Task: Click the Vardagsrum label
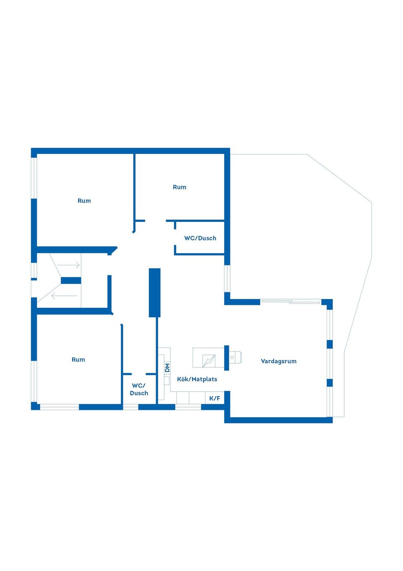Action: click(278, 361)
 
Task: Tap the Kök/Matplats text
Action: click(197, 379)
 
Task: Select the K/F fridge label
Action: click(215, 398)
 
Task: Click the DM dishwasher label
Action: click(167, 367)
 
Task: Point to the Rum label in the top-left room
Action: click(84, 201)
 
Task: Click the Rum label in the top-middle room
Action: click(179, 187)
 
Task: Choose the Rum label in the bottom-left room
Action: click(78, 360)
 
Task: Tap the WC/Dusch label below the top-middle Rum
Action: click(200, 238)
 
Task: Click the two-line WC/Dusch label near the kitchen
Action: click(139, 389)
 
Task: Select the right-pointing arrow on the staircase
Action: click(68, 265)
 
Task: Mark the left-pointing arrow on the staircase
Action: click(64, 296)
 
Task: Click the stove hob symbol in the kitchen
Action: click(209, 360)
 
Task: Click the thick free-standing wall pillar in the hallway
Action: click(154, 292)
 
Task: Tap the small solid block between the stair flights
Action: click(71, 280)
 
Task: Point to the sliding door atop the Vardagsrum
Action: click(290, 301)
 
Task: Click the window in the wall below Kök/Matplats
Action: click(188, 407)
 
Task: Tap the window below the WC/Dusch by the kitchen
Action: click(131, 407)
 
